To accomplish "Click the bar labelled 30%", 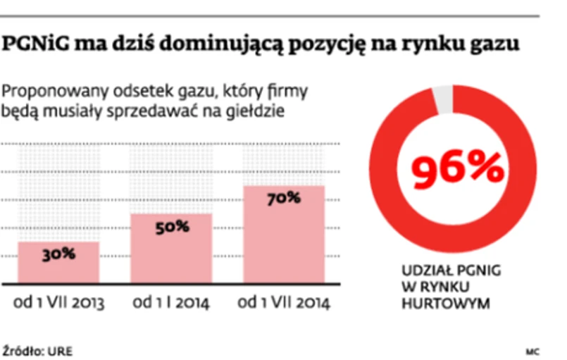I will coord(58,271).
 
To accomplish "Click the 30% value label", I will coord(58,254).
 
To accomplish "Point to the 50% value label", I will coord(172,226).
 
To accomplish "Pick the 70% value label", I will coord(284,199).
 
